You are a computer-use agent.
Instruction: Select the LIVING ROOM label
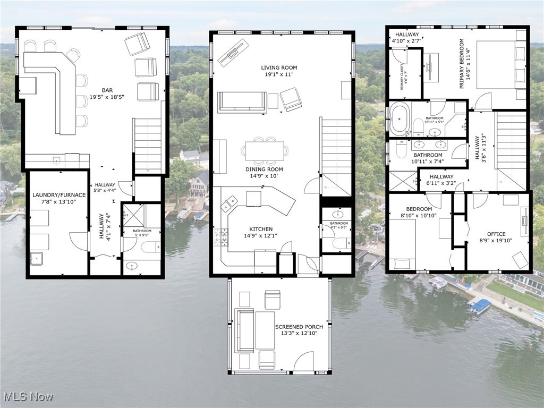(x=279, y=67)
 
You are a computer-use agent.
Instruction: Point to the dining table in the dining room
(x=264, y=150)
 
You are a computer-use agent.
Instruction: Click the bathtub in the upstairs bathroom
(x=398, y=118)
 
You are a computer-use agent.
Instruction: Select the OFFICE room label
(x=496, y=234)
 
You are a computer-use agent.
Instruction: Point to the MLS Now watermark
(x=27, y=396)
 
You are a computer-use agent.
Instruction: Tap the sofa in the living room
(x=242, y=101)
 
